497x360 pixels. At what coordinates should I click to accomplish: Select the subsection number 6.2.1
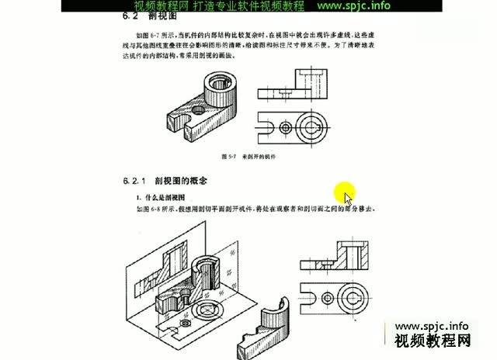point(136,181)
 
